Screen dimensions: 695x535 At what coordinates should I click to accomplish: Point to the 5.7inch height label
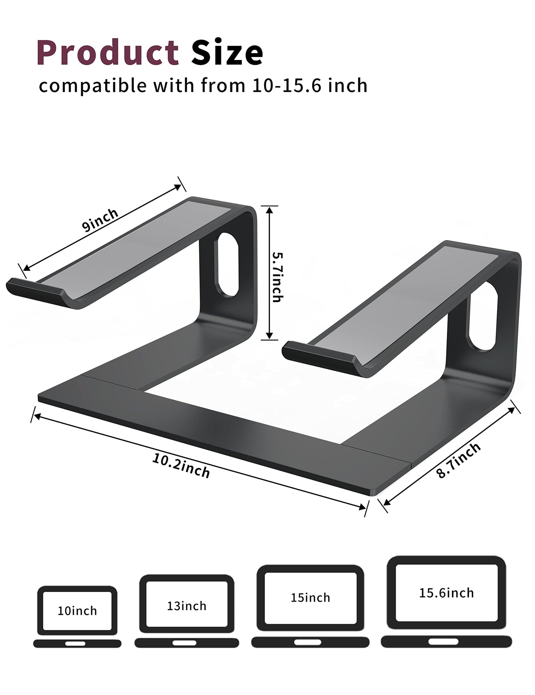(278, 277)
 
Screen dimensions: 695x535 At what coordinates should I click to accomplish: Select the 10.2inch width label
(181, 466)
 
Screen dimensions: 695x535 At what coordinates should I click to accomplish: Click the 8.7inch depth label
(459, 460)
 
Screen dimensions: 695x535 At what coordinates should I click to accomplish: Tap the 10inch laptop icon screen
(77, 611)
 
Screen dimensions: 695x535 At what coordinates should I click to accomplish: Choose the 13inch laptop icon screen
(187, 606)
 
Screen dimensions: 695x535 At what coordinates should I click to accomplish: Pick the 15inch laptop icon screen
(310, 598)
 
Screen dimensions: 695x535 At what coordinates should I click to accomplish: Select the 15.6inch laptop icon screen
(446, 593)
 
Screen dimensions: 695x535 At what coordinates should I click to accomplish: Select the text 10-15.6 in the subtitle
(283, 86)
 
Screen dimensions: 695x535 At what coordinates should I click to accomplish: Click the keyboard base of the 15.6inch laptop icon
(446, 641)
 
